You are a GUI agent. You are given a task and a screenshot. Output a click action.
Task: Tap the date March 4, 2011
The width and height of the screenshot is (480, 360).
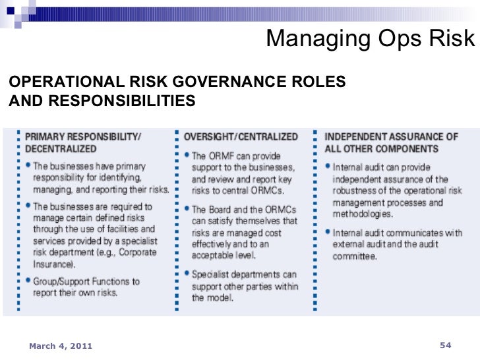click(60, 345)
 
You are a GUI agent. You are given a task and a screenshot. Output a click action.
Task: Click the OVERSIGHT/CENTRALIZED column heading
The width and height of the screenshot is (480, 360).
click(241, 136)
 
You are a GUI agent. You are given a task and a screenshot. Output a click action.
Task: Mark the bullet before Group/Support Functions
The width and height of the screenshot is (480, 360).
click(28, 281)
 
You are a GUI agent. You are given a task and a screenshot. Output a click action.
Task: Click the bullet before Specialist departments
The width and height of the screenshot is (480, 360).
click(187, 274)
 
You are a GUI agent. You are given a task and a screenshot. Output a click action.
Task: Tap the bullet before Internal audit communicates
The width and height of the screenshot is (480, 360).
click(328, 232)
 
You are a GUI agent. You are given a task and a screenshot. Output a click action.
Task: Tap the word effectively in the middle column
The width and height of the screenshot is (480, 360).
click(214, 244)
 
